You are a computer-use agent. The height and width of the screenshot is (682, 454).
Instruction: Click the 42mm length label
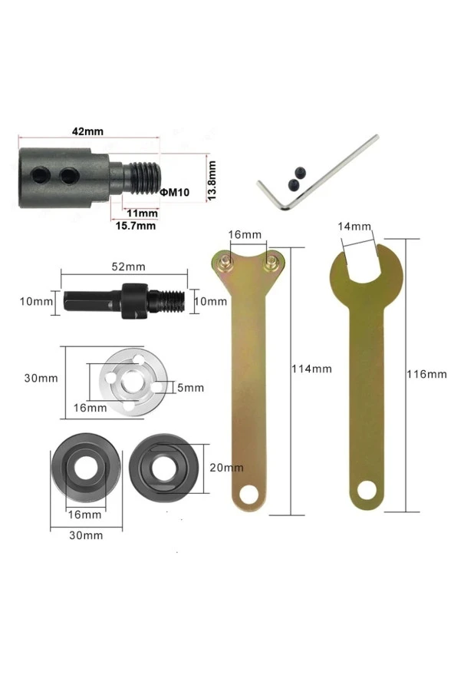coord(87,131)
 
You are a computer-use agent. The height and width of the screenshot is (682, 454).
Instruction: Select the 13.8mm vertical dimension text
coord(212,180)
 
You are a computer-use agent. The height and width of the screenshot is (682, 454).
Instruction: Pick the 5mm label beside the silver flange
coord(191,387)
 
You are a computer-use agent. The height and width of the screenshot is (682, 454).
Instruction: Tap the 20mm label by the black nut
coord(226,467)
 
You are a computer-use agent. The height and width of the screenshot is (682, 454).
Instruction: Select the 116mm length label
coord(426,374)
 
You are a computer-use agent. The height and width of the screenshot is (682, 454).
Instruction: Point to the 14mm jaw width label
coord(355,227)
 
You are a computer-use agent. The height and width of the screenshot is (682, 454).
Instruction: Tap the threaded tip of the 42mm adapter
coord(146,177)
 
